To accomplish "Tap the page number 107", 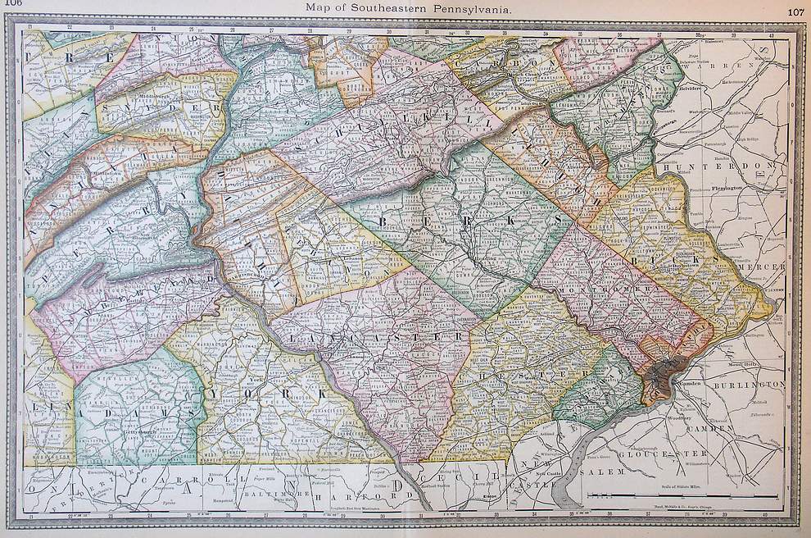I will click(795, 11).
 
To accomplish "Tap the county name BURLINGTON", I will click(749, 385).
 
